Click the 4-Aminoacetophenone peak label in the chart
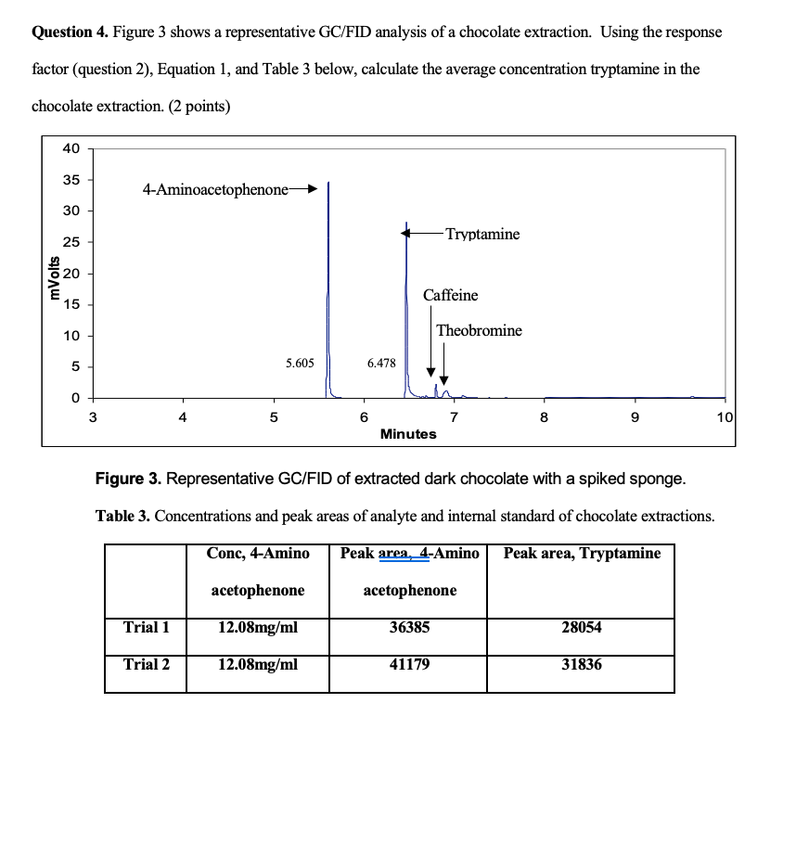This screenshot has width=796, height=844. (x=215, y=189)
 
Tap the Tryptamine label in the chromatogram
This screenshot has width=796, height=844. (x=482, y=235)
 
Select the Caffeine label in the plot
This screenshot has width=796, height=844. (x=451, y=296)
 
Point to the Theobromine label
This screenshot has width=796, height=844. (x=479, y=331)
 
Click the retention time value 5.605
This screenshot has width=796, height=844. (x=299, y=364)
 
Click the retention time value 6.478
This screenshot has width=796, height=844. (x=381, y=364)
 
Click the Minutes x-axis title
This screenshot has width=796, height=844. (x=408, y=434)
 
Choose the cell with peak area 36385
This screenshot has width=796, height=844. (x=409, y=628)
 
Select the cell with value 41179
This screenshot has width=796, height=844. (x=409, y=664)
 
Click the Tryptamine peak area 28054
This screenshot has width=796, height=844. (x=582, y=628)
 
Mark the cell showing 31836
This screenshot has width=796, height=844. (x=582, y=664)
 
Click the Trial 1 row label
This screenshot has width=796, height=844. (x=147, y=628)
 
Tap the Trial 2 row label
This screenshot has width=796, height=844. (x=147, y=664)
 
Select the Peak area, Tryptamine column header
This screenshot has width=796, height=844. (x=582, y=554)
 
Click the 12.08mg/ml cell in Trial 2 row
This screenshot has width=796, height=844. (x=258, y=664)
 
